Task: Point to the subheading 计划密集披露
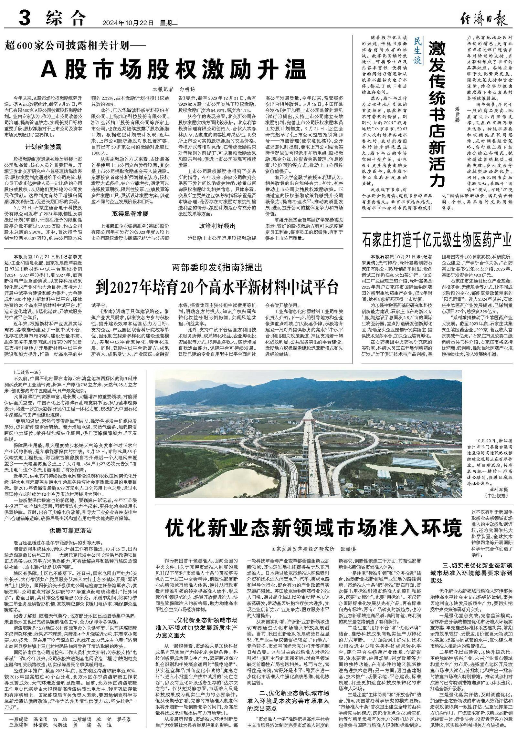43,147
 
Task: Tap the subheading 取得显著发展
131,214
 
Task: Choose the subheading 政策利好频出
217,226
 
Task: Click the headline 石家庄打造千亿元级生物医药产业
437,241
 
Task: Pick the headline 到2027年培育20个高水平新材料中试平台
217,286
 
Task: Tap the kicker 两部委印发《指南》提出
217,268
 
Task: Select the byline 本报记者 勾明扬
174,89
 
